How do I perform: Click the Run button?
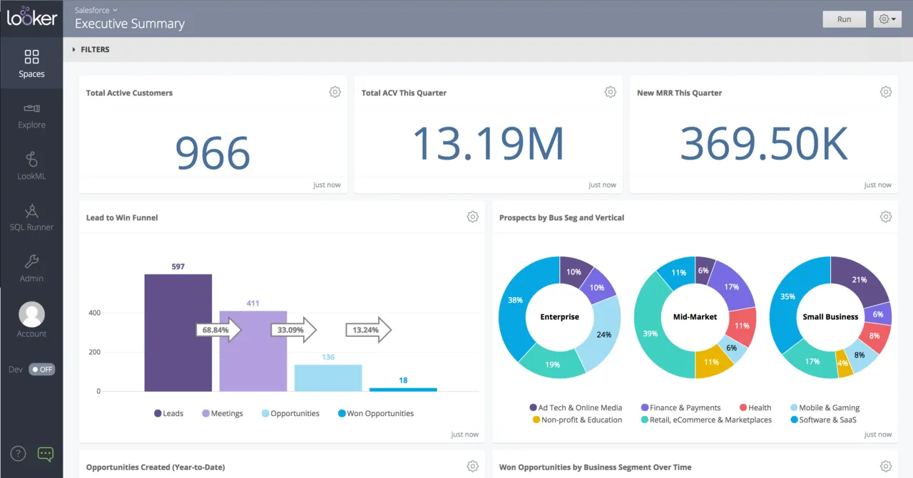[844, 19]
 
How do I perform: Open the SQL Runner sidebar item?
[31, 218]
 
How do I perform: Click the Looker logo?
[31, 17]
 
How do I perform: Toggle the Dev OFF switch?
[41, 369]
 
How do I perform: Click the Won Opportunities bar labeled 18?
[403, 389]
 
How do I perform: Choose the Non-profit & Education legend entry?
[577, 420]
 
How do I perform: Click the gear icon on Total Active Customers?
[335, 92]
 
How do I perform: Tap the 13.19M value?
[488, 143]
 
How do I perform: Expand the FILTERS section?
[91, 50]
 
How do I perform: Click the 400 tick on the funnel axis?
[94, 313]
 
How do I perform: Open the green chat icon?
[45, 454]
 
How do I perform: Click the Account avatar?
[31, 314]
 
